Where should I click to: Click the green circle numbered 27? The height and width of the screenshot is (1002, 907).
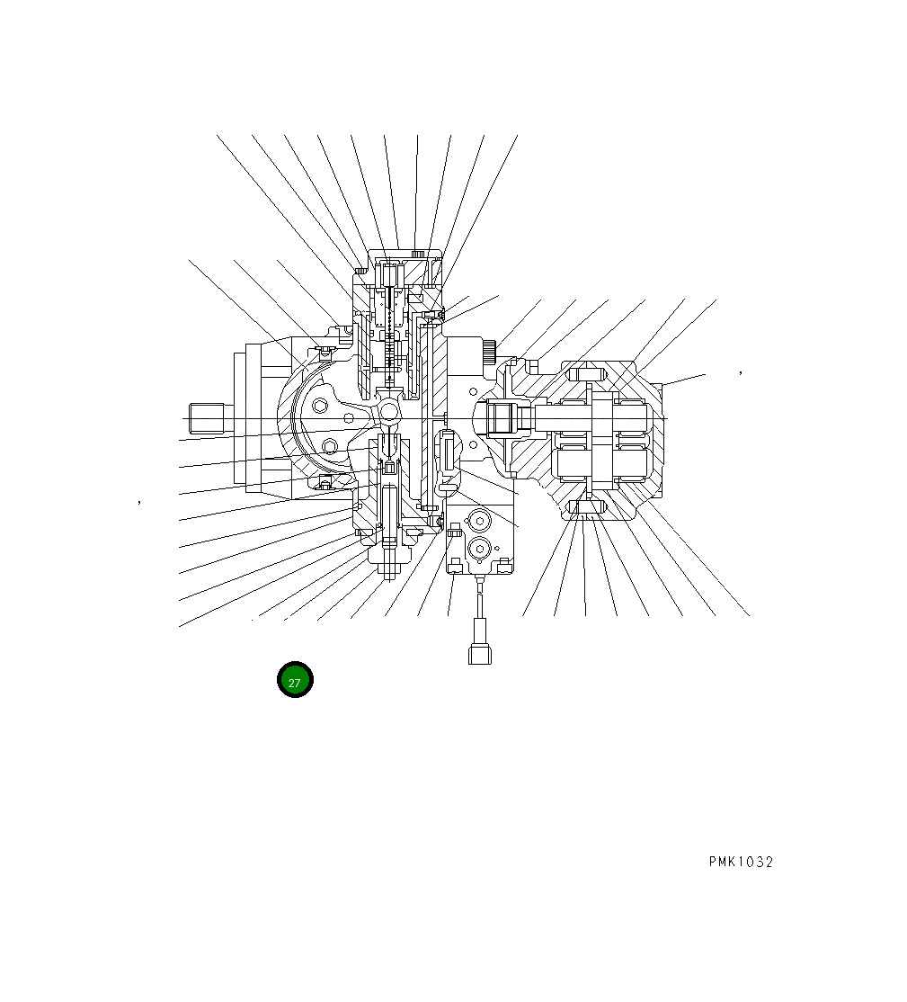pyautogui.click(x=294, y=680)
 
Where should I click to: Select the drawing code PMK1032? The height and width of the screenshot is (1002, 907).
pyautogui.click(x=740, y=862)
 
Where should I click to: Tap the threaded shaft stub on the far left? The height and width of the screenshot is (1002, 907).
pyautogui.click(x=206, y=418)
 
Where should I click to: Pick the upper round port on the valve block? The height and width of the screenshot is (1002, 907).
pyautogui.click(x=477, y=521)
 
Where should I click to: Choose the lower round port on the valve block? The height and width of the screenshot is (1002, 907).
pyautogui.click(x=477, y=548)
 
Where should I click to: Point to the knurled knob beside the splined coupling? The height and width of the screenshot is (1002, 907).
pyautogui.click(x=489, y=352)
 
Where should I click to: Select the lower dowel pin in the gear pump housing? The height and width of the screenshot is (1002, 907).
pyautogui.click(x=587, y=510)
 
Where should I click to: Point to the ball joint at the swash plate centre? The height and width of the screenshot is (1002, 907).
pyautogui.click(x=389, y=411)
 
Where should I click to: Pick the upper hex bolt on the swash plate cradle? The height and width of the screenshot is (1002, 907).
pyautogui.click(x=321, y=407)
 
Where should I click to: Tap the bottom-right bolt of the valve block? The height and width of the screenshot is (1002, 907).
pyautogui.click(x=504, y=564)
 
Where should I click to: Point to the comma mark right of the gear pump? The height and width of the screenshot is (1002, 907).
pyautogui.click(x=740, y=371)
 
